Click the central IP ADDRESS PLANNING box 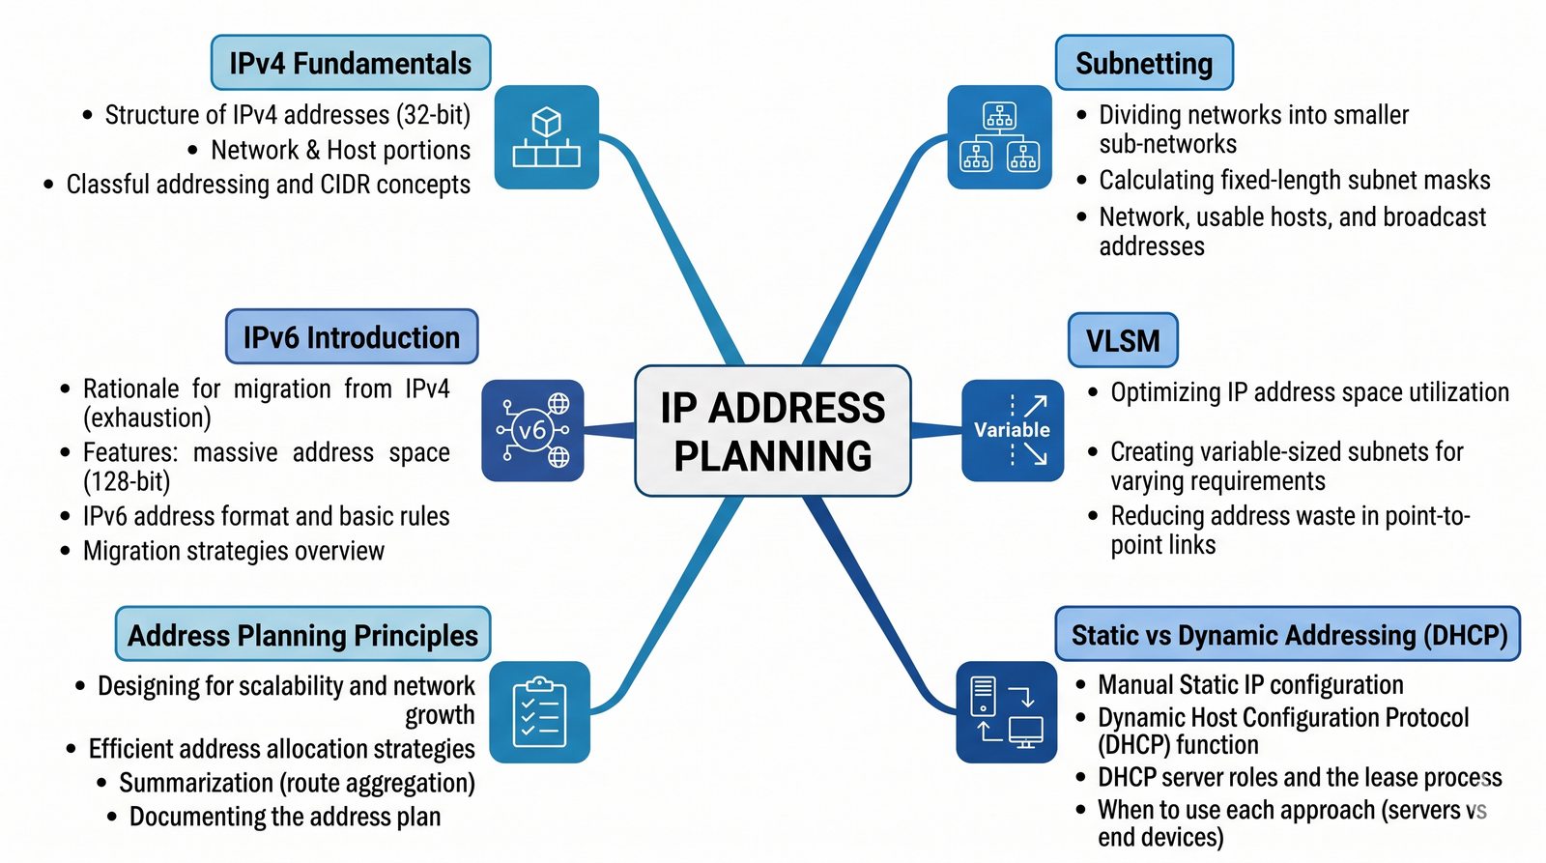coord(772,431)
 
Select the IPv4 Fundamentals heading coord(350,64)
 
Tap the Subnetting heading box coord(1143,64)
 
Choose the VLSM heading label coord(1122,341)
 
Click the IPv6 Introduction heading coord(352,337)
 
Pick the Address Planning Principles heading coord(302,635)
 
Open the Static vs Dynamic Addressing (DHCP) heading coord(1288,635)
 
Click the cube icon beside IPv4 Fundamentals coord(546,137)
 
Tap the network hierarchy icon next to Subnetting coord(999,137)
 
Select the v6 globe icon coord(532,430)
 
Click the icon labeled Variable coord(1012,430)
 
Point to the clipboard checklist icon coord(539,712)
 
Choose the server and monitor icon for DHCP coord(1006,712)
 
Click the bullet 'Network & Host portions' coord(340,150)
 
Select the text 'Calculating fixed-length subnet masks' coord(1294,181)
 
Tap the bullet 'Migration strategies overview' coord(233,551)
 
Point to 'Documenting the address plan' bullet coord(284,817)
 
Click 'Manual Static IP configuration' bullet coord(1250,685)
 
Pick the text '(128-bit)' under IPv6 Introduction coord(127,481)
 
